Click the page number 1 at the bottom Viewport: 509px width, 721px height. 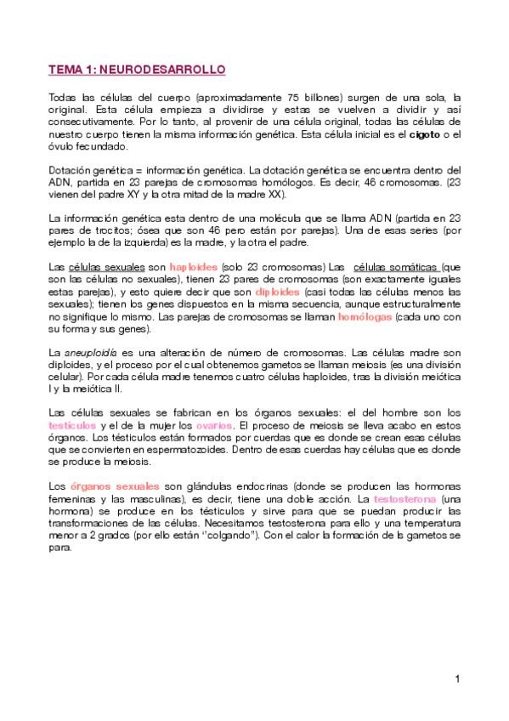(x=457, y=678)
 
